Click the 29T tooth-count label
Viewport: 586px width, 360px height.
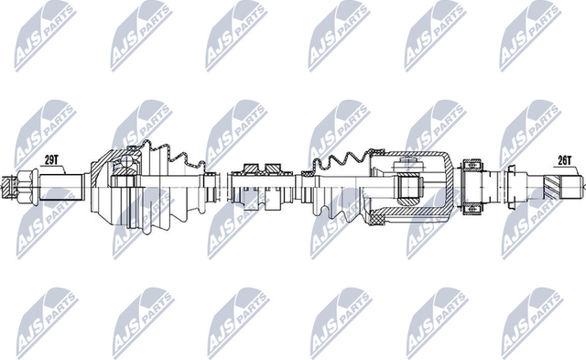pos(51,158)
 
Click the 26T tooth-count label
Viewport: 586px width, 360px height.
pos(564,158)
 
